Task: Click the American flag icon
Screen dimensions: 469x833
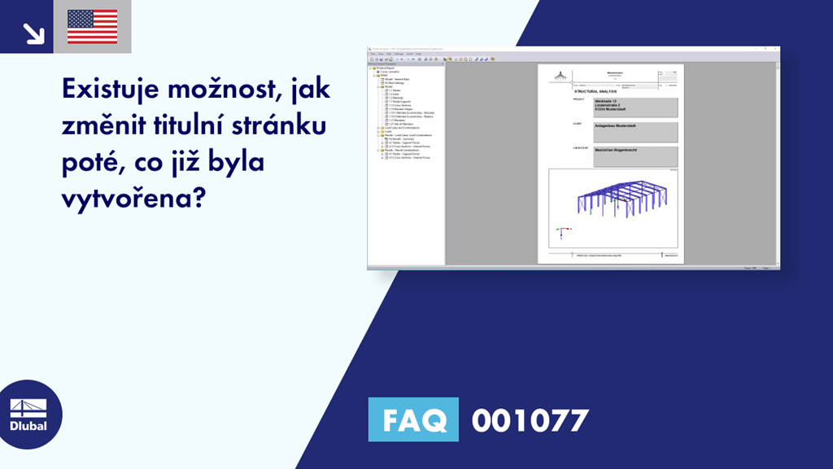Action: [92, 27]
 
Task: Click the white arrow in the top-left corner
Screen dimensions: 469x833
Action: [33, 32]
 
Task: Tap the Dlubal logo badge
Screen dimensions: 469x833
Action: [30, 413]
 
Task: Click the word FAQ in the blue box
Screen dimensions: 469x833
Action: [413, 420]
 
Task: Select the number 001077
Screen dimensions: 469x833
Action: [530, 420]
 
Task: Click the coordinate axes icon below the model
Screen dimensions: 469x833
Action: [559, 230]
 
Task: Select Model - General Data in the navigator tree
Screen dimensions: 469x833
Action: [398, 78]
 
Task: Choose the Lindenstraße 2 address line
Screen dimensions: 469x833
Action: [611, 105]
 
